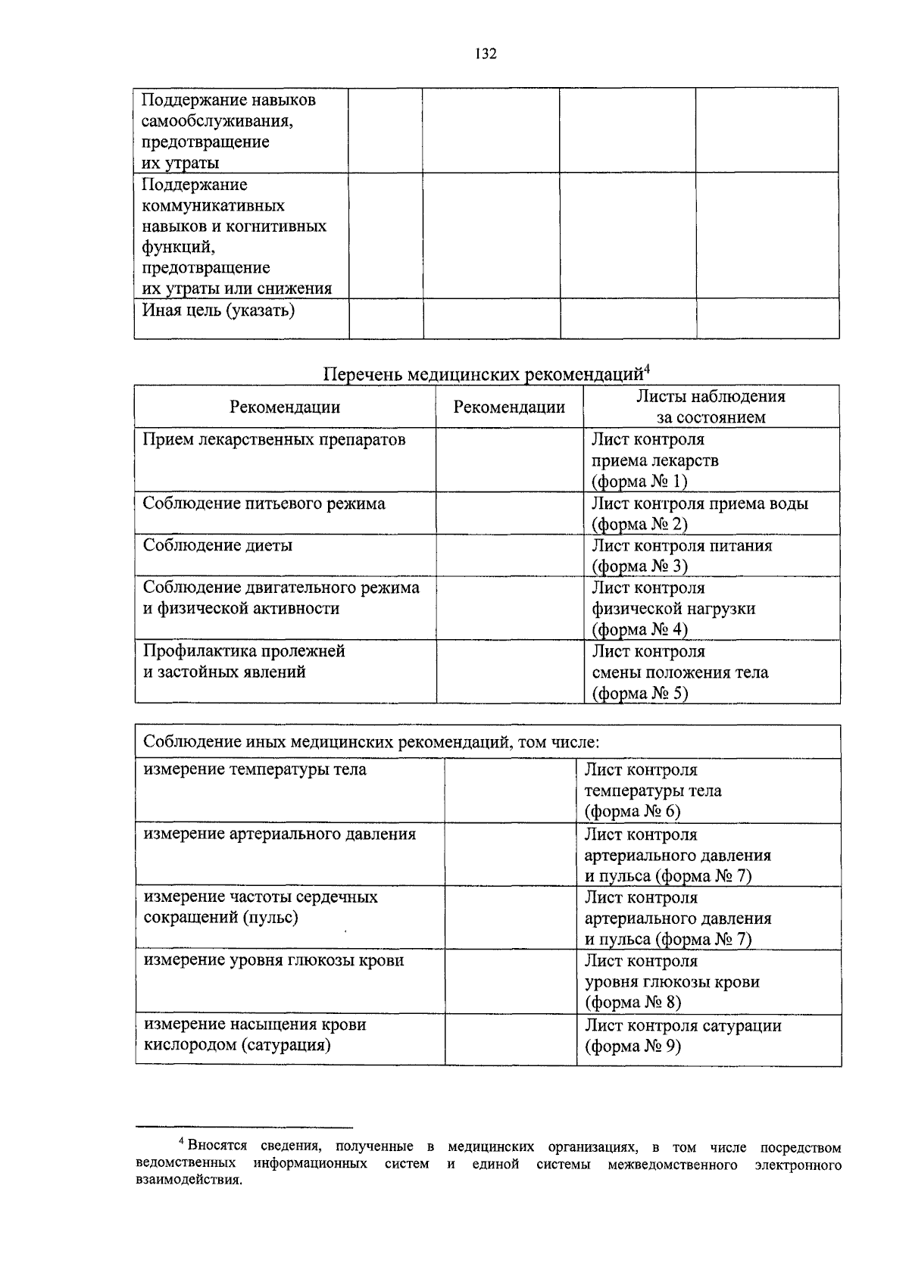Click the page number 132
pyautogui.click(x=485, y=54)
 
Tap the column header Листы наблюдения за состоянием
pyautogui.click(x=711, y=407)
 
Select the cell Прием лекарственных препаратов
pyautogui.click(x=274, y=440)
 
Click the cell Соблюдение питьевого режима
pyautogui.click(x=264, y=504)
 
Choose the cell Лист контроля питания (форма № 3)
pyautogui.click(x=682, y=556)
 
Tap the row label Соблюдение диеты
pyautogui.click(x=218, y=546)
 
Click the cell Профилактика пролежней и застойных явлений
pyautogui.click(x=244, y=662)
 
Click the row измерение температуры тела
pyautogui.click(x=255, y=770)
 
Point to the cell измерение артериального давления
pyautogui.click(x=280, y=834)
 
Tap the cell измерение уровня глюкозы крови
pyautogui.click(x=274, y=961)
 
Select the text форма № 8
pyautogui.click(x=633, y=1003)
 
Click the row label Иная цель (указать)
pyautogui.click(x=219, y=310)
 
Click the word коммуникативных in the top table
pyautogui.click(x=214, y=206)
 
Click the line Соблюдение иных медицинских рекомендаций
pyautogui.click(x=371, y=742)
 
